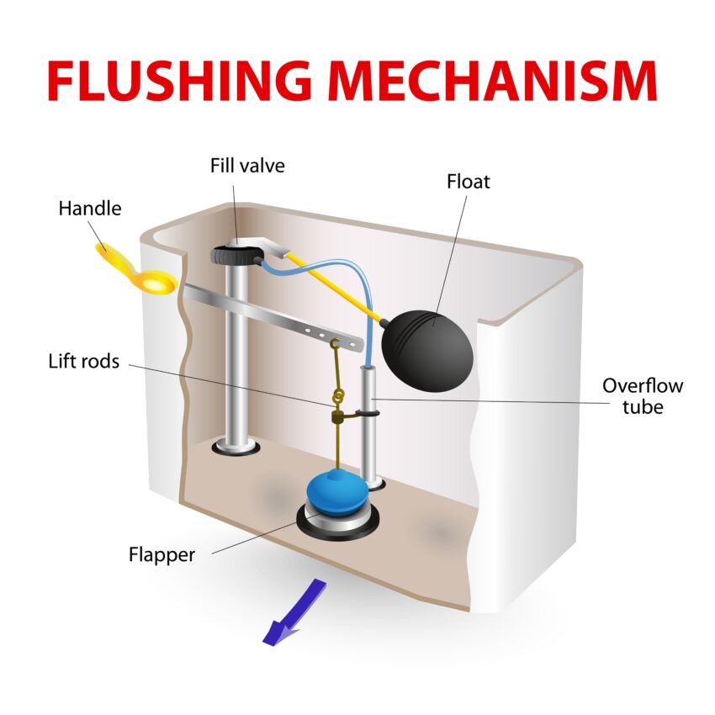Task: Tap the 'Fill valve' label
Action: pyautogui.click(x=247, y=166)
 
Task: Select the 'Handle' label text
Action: pyautogui.click(x=89, y=209)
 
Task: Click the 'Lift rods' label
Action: pyautogui.click(x=83, y=362)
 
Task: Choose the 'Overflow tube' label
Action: pyautogui.click(x=642, y=396)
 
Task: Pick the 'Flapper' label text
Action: pyautogui.click(x=162, y=555)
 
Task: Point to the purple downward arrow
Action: pyautogui.click(x=290, y=612)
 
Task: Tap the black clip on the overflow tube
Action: pyautogui.click(x=367, y=412)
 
